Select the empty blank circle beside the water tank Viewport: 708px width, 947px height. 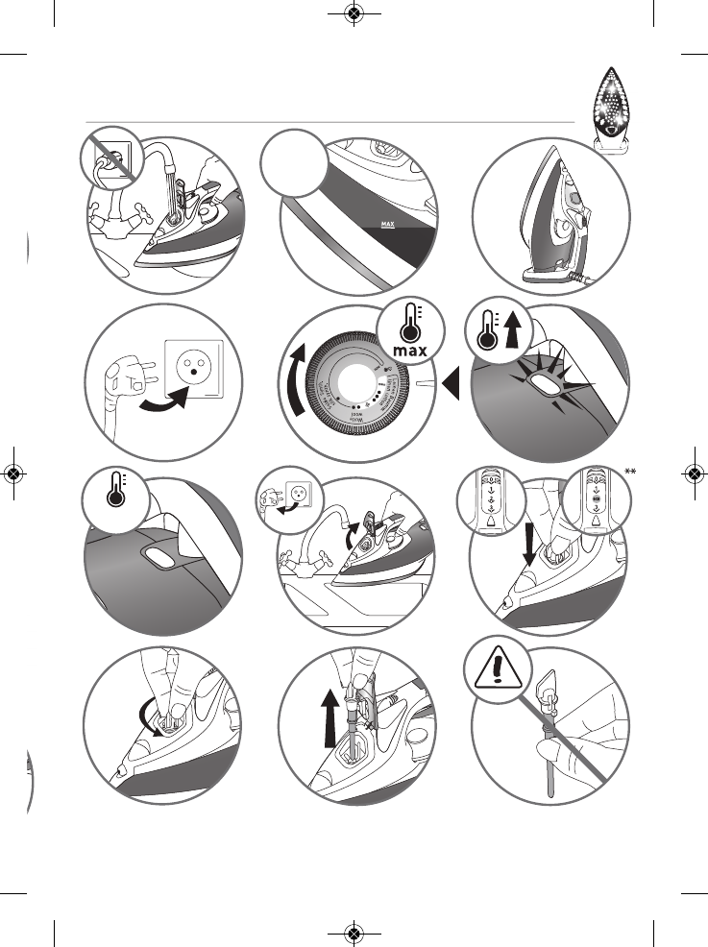[x=294, y=160]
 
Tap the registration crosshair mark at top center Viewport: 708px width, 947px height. [x=354, y=14]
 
